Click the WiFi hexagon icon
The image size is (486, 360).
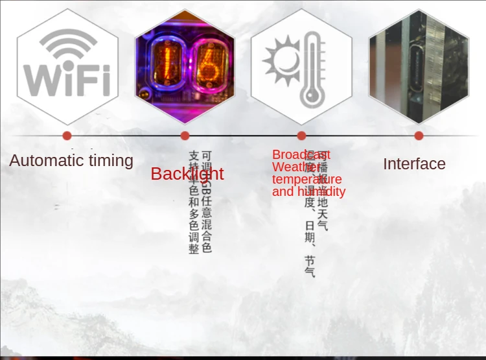click(x=67, y=66)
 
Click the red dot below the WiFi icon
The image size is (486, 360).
click(x=67, y=136)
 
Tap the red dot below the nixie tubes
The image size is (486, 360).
click(x=185, y=136)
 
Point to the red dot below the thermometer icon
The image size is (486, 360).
click(x=301, y=136)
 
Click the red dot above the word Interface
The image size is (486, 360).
click(x=419, y=136)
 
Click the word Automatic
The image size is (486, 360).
click(x=46, y=160)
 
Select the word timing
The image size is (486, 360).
click(x=110, y=161)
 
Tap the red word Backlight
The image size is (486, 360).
click(x=187, y=174)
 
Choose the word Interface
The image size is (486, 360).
click(x=414, y=164)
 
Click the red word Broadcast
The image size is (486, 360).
click(x=301, y=154)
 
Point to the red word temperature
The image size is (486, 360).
click(x=307, y=179)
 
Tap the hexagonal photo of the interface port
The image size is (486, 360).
click(x=419, y=66)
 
